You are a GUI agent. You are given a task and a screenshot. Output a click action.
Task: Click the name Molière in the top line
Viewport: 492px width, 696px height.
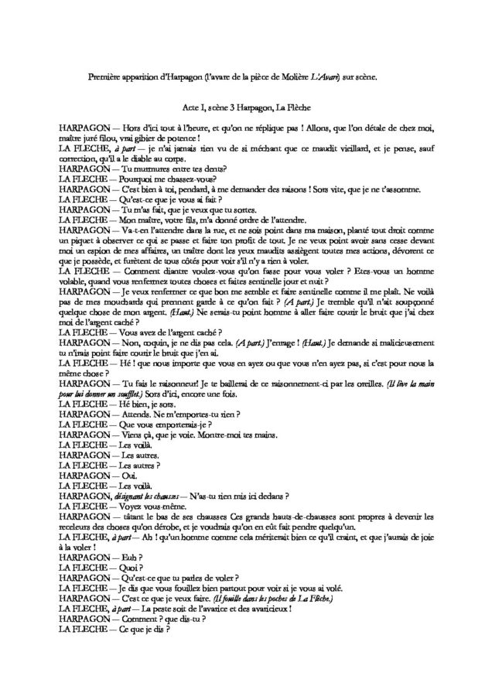pyautogui.click(x=300, y=77)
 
